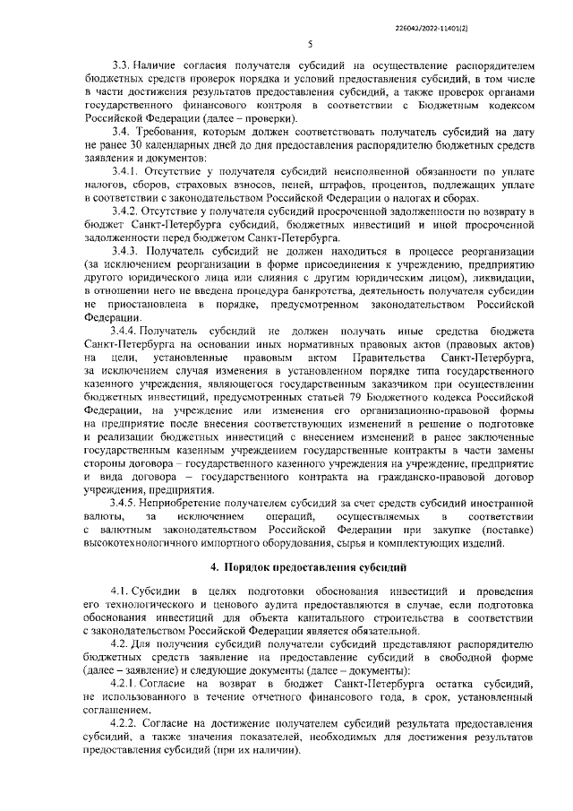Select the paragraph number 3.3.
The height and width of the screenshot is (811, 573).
tap(120, 65)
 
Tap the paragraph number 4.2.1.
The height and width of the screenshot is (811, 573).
tap(126, 684)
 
